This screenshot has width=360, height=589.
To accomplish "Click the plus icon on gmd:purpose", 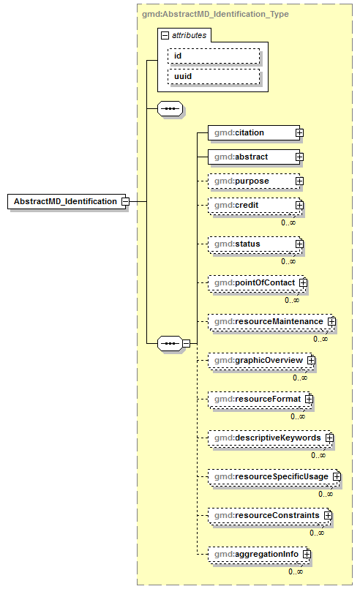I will pos(299,181).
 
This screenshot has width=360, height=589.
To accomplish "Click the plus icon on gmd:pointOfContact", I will pos(303,282).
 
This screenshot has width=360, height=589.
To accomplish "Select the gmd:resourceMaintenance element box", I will pos(266,321).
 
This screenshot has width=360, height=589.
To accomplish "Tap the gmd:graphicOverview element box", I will pos(256,360).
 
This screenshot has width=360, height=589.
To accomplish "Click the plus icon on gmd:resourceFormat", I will pos(309,399).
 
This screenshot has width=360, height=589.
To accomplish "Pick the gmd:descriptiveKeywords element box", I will pos(265,438).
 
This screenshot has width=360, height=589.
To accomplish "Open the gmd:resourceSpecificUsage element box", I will pos(269,476).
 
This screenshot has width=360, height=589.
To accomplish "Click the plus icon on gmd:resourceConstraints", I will pos(329,515).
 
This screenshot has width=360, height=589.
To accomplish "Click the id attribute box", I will pos(213,55).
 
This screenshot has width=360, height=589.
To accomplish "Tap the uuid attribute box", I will pos(213,75).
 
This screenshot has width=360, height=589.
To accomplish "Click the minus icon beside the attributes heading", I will pos(165,34).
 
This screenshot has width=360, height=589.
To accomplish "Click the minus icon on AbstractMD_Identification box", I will pos(125,201).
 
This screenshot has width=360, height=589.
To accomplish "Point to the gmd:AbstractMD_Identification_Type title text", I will pos(215,14).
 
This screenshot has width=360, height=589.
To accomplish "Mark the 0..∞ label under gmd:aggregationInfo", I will pos(296,571).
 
